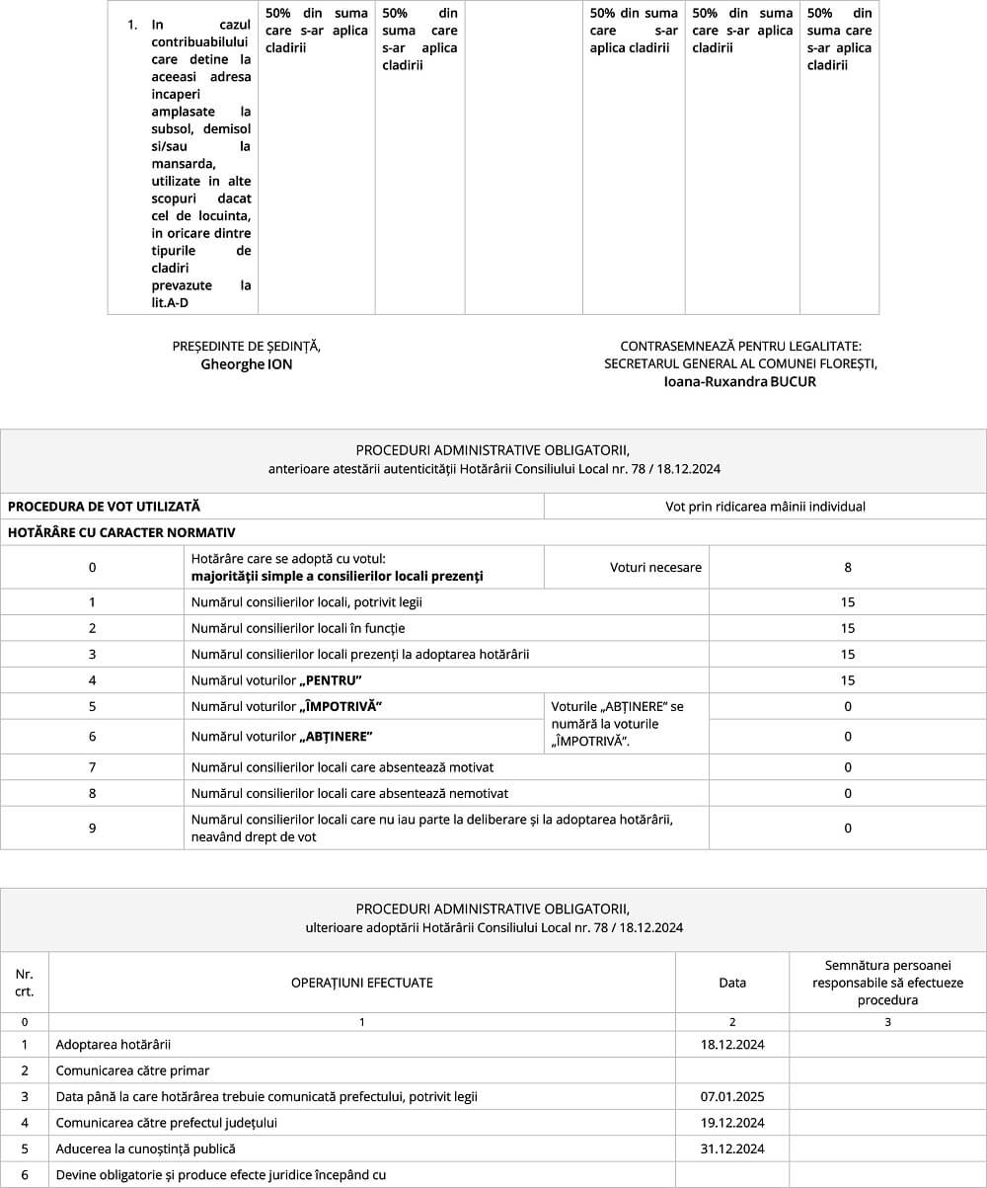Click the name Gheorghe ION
pos(247,364)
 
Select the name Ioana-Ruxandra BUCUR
pos(740,381)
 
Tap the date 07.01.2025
pos(732,1096)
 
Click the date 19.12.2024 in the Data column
pos(732,1123)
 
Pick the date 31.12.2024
pos(732,1148)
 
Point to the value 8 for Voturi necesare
pos(848,568)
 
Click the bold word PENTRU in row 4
pos(331,680)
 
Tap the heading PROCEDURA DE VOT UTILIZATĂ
pos(104,507)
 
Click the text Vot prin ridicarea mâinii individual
pos(765,507)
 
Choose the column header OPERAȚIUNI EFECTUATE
pos(361,983)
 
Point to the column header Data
pos(732,983)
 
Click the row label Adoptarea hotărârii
pos(107,1044)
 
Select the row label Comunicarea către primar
pos(132,1070)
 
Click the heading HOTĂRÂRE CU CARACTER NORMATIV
pos(121,533)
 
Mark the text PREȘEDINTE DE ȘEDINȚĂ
pos(247,347)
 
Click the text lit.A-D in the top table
pos(170,302)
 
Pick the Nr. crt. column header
pos(25,983)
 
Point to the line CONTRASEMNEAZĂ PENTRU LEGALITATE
pos(740,347)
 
